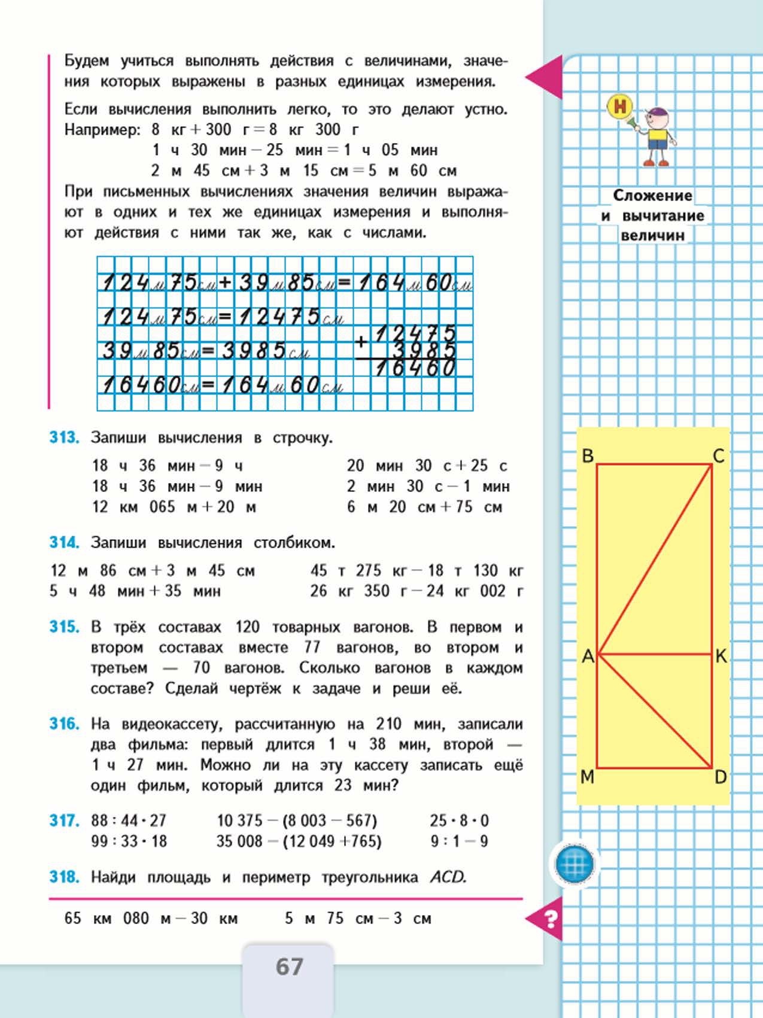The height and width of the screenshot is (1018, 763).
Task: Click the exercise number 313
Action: (x=64, y=437)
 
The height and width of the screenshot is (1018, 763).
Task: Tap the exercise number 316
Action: (x=64, y=724)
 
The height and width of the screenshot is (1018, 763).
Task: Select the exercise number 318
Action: (x=64, y=877)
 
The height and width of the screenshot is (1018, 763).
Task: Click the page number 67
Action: (x=290, y=967)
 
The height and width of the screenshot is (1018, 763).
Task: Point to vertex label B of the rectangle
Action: (x=588, y=456)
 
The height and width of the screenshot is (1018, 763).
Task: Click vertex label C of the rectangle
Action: (x=719, y=456)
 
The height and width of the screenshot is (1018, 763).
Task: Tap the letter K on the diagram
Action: (x=721, y=656)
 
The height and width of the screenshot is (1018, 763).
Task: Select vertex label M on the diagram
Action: (x=588, y=777)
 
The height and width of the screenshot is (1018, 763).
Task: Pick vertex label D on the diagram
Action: (x=721, y=777)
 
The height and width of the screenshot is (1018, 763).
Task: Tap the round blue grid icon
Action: (x=574, y=864)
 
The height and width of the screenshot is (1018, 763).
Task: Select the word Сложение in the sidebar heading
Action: (x=652, y=196)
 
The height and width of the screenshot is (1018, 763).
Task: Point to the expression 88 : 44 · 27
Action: (x=129, y=821)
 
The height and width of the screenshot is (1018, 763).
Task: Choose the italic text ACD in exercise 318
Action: (x=448, y=877)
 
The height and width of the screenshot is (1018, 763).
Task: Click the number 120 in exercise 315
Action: (x=247, y=627)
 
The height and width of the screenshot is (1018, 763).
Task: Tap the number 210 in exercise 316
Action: (x=388, y=724)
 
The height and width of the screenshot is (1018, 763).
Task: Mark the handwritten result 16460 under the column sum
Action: (x=415, y=368)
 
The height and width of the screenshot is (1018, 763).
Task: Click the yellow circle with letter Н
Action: (x=620, y=107)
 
